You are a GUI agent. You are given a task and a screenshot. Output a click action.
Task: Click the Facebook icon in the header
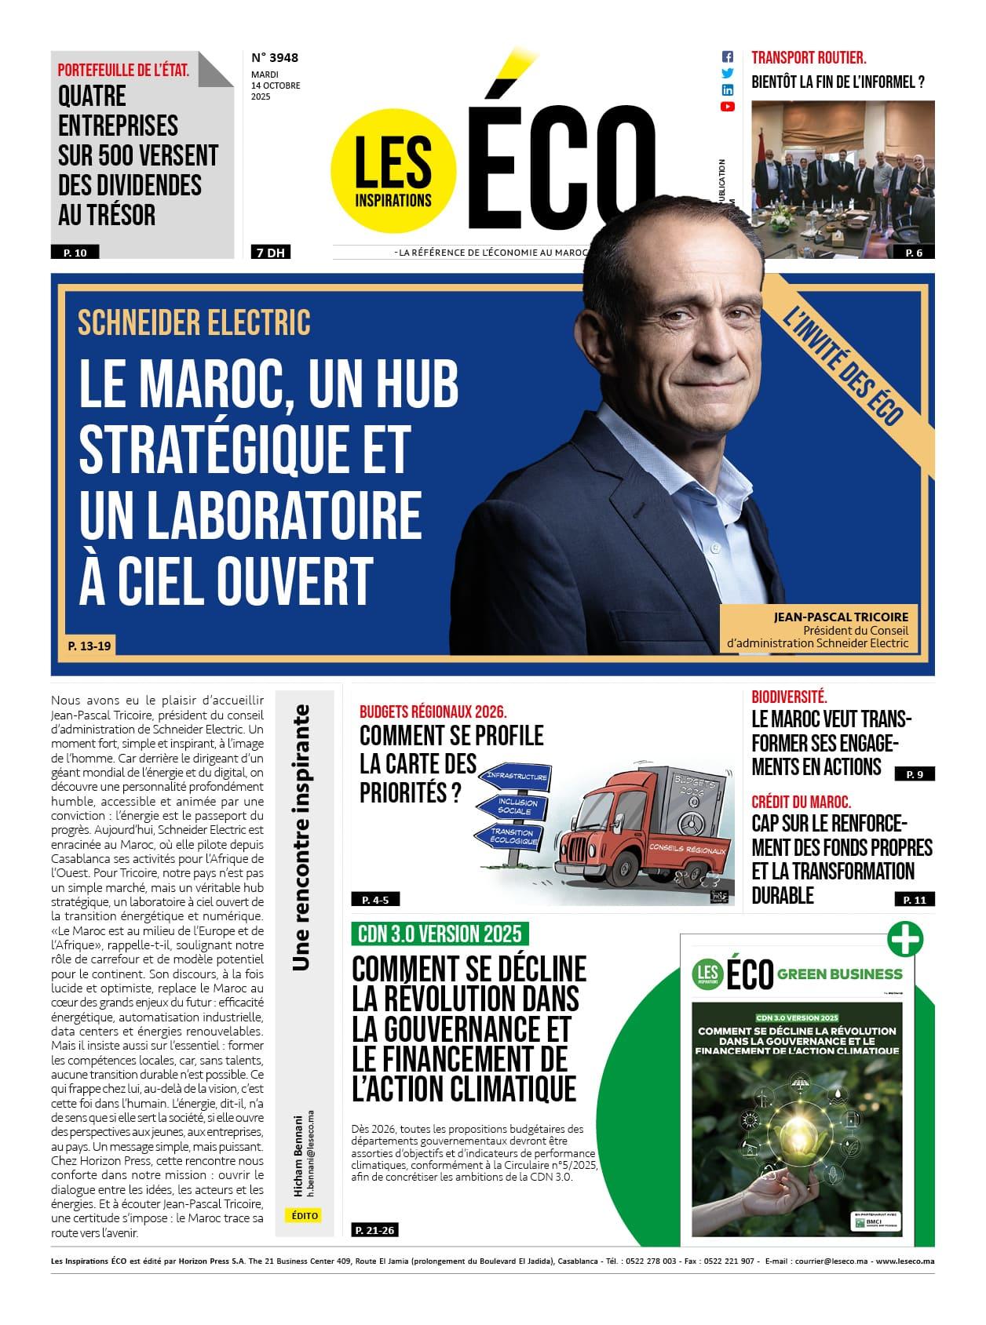click(x=728, y=56)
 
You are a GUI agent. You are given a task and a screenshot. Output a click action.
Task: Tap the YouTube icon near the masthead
click(x=728, y=107)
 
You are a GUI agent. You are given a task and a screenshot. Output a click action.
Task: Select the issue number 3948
click(x=275, y=57)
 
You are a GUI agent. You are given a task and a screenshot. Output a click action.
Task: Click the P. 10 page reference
click(x=75, y=253)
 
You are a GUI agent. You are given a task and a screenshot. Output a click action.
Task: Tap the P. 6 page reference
click(x=914, y=253)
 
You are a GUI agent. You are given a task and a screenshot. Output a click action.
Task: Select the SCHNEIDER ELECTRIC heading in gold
click(x=194, y=322)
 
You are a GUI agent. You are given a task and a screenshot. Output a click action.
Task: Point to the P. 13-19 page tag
click(x=89, y=646)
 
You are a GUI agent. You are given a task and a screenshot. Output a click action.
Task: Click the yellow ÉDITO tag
click(x=305, y=1215)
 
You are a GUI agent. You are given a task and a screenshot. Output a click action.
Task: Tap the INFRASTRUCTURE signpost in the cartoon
click(x=516, y=777)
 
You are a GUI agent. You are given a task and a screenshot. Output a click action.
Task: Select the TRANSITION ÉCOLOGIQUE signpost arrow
click(x=509, y=836)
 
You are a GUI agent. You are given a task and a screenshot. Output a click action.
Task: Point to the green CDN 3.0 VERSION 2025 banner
click(x=440, y=934)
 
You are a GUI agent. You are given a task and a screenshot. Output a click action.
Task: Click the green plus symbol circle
click(x=904, y=939)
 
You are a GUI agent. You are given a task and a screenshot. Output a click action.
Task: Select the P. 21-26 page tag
click(x=374, y=1230)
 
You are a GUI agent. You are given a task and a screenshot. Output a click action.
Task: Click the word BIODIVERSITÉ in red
click(x=789, y=697)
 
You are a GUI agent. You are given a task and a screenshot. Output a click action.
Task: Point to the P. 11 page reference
click(x=915, y=900)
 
